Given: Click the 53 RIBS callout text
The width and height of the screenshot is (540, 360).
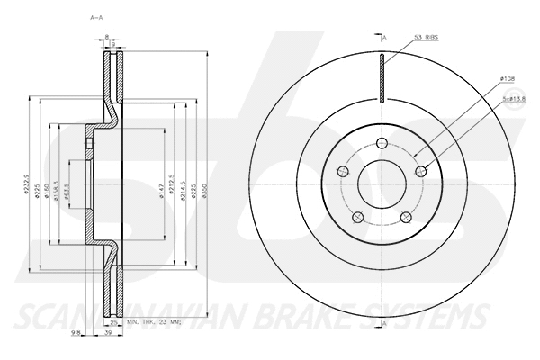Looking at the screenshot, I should point(427,38).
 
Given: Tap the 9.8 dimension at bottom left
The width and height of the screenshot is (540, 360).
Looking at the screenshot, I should point(76,333).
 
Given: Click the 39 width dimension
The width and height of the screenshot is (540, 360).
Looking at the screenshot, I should point(109,333).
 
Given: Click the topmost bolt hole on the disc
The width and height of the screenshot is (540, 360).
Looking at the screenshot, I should point(383,143).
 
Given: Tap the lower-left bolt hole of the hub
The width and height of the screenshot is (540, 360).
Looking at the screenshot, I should point(358,217).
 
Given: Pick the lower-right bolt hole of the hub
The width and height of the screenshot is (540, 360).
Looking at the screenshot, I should point(408,217).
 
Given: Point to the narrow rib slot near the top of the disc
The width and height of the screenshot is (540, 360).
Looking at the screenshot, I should point(383,78).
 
